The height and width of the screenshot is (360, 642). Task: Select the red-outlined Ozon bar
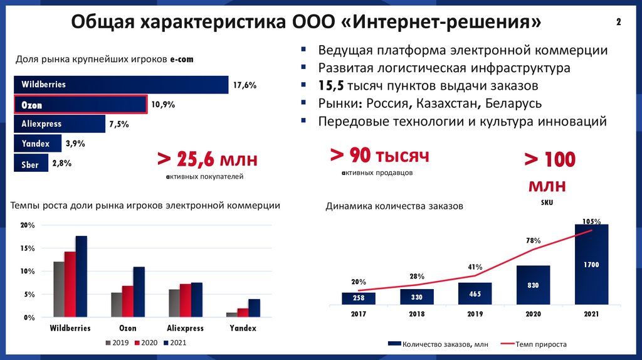80,105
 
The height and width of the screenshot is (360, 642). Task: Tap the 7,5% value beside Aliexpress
118,124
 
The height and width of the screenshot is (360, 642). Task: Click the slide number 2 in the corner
619,23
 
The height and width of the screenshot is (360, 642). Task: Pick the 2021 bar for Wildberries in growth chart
82,276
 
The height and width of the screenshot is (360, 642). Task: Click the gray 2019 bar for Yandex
232,314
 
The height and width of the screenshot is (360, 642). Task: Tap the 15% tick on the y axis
27,248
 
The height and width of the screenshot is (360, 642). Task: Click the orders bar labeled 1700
591,264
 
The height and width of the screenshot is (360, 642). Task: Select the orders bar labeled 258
359,299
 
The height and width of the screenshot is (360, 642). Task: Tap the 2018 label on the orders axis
416,314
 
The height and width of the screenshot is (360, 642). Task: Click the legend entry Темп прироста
541,344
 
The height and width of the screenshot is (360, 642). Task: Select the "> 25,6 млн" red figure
207,159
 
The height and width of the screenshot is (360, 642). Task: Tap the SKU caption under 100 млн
547,203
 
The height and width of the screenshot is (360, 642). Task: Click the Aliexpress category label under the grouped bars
185,328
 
